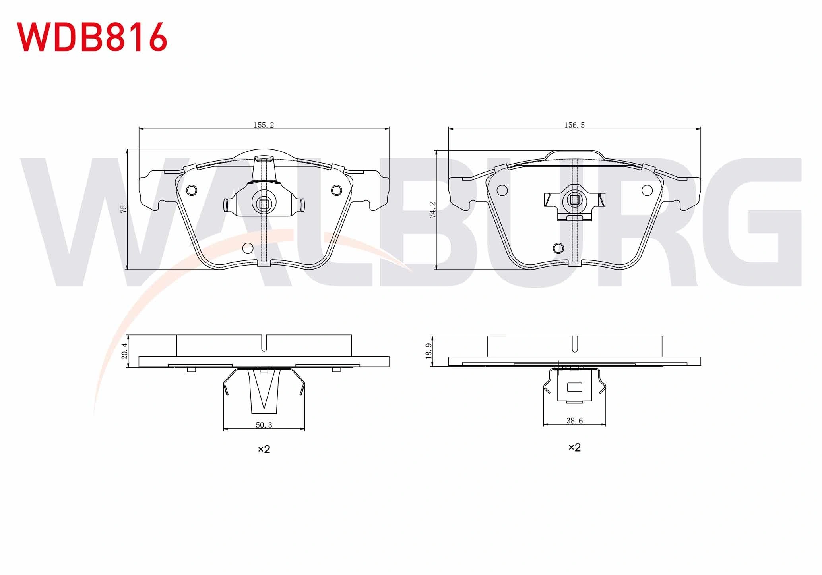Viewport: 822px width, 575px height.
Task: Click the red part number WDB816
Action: pyautogui.click(x=92, y=37)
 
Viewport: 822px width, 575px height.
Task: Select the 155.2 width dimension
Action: pyautogui.click(x=264, y=125)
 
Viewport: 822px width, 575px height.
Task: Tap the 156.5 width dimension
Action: pyautogui.click(x=574, y=125)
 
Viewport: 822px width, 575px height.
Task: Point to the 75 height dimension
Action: pyautogui.click(x=124, y=209)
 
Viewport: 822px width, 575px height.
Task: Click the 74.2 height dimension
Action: pyautogui.click(x=433, y=209)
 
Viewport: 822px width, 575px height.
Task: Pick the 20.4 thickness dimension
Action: pyautogui.click(x=124, y=351)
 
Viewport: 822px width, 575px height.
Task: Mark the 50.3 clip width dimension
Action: pyautogui.click(x=264, y=425)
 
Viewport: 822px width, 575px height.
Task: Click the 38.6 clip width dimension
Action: pyautogui.click(x=574, y=421)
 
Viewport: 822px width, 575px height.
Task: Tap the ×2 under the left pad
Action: pyautogui.click(x=264, y=449)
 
